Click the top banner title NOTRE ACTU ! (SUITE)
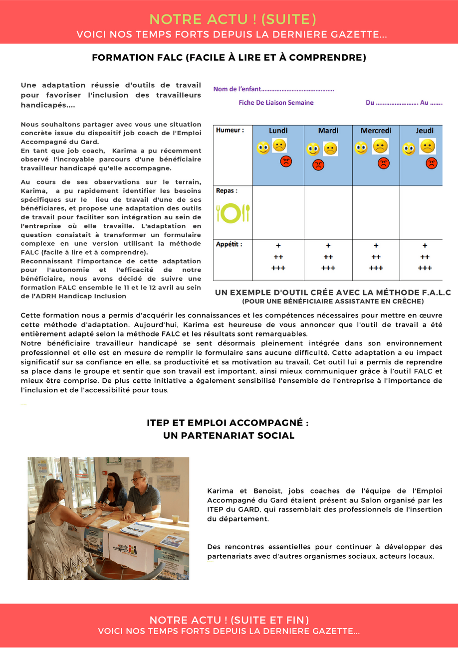(232, 19)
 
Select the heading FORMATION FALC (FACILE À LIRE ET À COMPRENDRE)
(229, 58)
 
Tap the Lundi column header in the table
(278, 131)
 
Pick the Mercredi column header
(376, 131)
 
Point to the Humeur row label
(229, 130)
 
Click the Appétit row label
(229, 244)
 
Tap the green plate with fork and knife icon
(232, 213)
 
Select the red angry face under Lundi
(286, 162)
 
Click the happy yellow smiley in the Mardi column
(313, 149)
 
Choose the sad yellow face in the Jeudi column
(428, 146)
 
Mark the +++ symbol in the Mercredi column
(376, 268)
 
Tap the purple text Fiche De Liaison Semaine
(276, 103)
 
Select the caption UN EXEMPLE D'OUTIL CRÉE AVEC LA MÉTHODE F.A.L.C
(333, 293)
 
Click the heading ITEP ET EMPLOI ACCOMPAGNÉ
(228, 423)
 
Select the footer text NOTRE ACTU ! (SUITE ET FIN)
(229, 620)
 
